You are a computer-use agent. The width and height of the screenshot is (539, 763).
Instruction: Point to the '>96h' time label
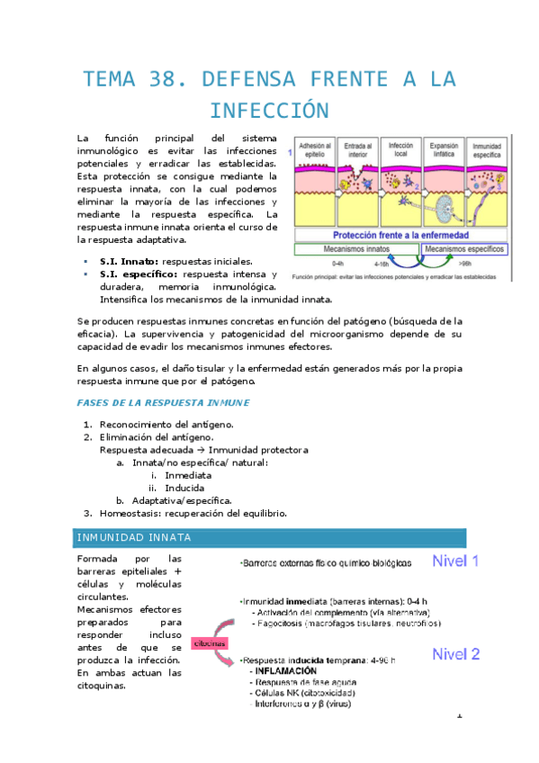pos(464,264)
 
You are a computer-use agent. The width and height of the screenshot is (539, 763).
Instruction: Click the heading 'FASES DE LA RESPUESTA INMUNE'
pos(163,401)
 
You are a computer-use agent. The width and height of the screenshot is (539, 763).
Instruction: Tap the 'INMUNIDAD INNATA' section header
pos(133,538)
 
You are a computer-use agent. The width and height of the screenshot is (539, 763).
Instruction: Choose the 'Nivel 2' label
pos(456,653)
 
